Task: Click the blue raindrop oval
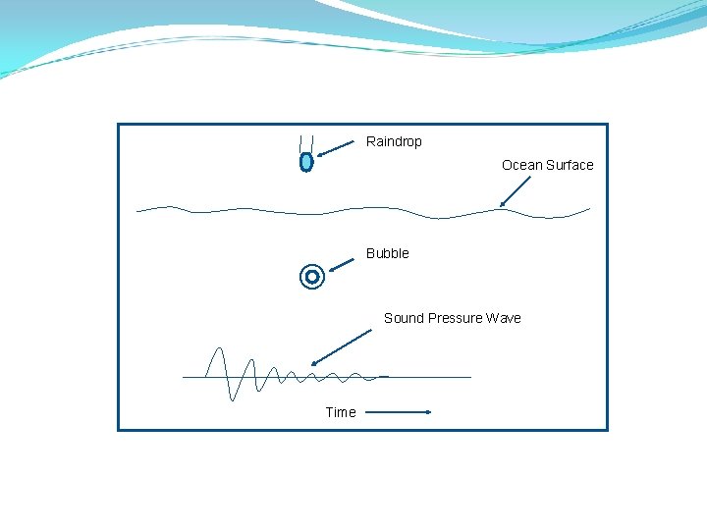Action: tap(306, 162)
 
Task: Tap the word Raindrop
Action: tap(394, 141)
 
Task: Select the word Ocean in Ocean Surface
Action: tap(521, 165)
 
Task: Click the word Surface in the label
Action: tap(570, 165)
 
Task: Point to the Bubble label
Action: tap(388, 253)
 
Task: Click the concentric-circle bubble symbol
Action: tap(312, 278)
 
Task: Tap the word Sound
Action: tap(403, 318)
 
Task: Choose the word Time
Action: tap(341, 412)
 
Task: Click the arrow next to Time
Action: tap(399, 412)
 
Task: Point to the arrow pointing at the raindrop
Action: tap(336, 148)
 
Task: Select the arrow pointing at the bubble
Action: tap(342, 263)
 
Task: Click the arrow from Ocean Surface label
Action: tap(516, 191)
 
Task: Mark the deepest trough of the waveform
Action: tap(233, 398)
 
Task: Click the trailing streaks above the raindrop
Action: tap(306, 141)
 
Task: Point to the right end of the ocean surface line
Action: tap(588, 208)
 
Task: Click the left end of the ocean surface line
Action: tap(139, 210)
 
